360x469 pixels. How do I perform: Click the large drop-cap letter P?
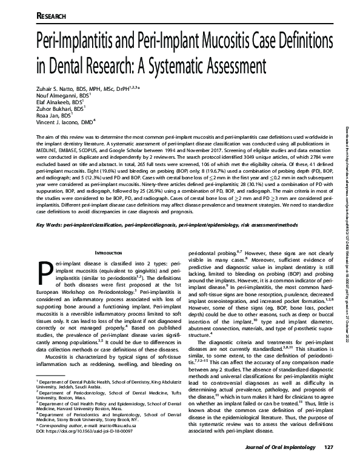click(x=45, y=274)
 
